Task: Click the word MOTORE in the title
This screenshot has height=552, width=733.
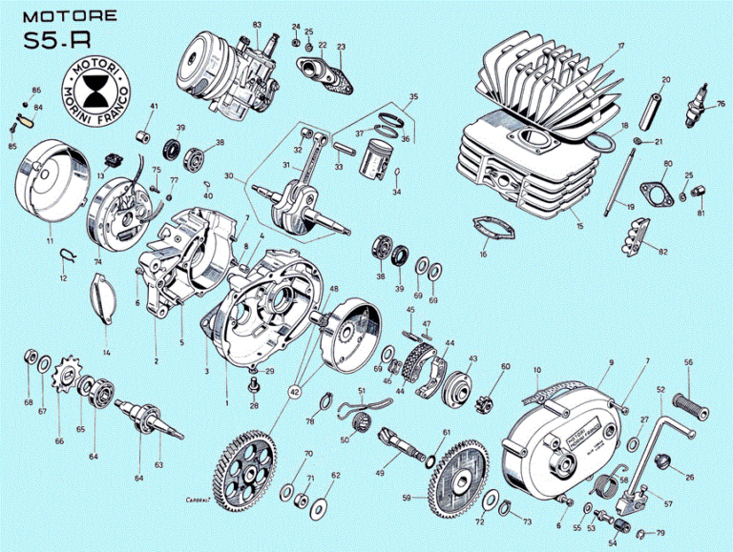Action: point(70,16)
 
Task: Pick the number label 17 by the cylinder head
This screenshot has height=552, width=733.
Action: point(620,46)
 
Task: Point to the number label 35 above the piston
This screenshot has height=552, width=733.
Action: point(413,97)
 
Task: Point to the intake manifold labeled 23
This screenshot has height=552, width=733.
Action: point(327,69)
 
